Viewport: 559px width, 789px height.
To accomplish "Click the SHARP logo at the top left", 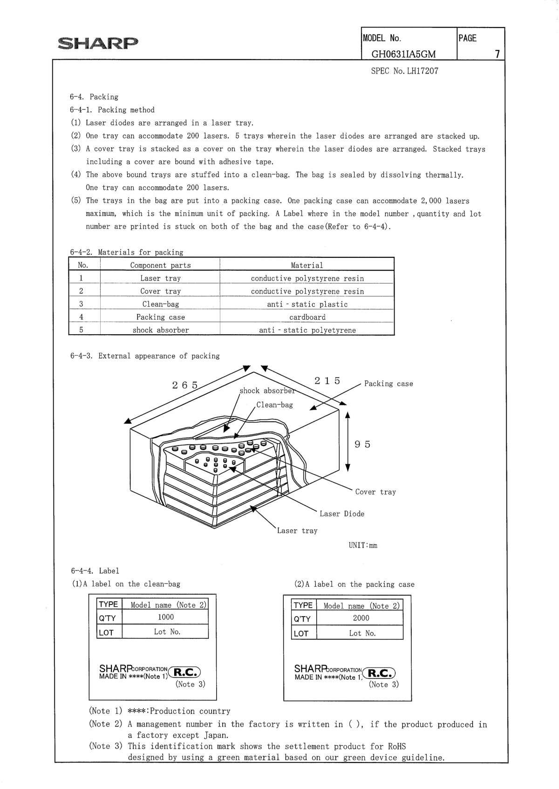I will click(x=98, y=43).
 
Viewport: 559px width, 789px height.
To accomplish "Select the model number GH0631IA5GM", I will click(x=403, y=54).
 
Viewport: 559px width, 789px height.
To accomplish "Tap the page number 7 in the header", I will click(x=497, y=54).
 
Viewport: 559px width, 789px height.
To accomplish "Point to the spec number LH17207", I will click(x=404, y=71).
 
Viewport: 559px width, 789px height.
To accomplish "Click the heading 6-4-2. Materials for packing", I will click(x=127, y=252).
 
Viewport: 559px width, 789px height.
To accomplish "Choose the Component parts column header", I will click(x=160, y=265).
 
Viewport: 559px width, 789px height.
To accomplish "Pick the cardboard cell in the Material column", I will click(x=307, y=317).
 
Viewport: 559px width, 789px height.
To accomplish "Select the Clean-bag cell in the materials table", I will click(x=160, y=304).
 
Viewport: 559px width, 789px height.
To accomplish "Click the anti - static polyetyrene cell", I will click(x=307, y=330).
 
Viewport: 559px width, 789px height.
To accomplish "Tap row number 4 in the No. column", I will click(x=81, y=317).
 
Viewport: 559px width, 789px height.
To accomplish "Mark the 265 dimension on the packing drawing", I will click(x=185, y=385).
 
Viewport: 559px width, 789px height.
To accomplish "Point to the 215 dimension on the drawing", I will click(x=327, y=381).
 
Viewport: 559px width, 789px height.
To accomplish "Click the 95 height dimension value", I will click(x=362, y=444).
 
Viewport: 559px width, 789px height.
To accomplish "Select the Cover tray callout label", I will click(x=375, y=492).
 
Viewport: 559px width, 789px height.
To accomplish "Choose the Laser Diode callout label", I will click(x=342, y=514).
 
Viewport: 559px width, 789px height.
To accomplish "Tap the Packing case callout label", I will click(x=389, y=384).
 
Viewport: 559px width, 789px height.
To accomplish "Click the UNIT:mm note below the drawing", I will click(x=363, y=545).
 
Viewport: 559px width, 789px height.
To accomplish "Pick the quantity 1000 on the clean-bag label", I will click(x=165, y=617).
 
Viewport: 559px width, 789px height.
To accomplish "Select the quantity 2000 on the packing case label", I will click(x=361, y=618).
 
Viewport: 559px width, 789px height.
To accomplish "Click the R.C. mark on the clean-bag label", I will click(x=186, y=672).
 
